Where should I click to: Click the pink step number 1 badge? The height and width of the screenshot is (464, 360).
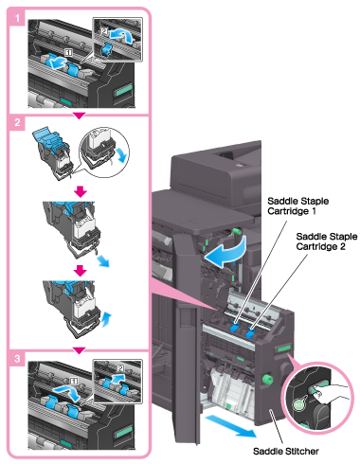tap(17, 18)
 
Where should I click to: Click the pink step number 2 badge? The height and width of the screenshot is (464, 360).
tap(17, 122)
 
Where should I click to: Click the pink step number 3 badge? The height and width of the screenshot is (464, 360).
tap(17, 358)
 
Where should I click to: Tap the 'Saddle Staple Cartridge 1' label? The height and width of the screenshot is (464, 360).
tap(297, 205)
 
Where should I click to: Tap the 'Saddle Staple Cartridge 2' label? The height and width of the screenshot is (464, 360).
tap(327, 241)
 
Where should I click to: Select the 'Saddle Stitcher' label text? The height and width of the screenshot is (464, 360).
tap(286, 451)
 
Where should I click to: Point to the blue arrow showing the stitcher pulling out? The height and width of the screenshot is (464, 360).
tap(230, 426)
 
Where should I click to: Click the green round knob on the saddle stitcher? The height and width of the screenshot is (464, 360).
tap(267, 379)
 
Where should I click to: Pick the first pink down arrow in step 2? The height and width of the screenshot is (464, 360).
tap(81, 191)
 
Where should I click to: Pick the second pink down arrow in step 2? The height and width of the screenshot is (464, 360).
tap(81, 271)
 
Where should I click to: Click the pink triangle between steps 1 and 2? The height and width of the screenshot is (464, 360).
tap(79, 116)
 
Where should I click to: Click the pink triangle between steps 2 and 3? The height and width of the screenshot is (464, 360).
tap(79, 350)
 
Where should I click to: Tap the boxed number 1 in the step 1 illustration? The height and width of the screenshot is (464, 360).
tap(68, 52)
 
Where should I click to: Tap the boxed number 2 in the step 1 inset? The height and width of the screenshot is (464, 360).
tap(104, 31)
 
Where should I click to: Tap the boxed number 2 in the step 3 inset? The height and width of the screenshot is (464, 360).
tap(120, 367)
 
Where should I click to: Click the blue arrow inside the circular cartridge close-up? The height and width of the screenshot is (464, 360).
tap(122, 155)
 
